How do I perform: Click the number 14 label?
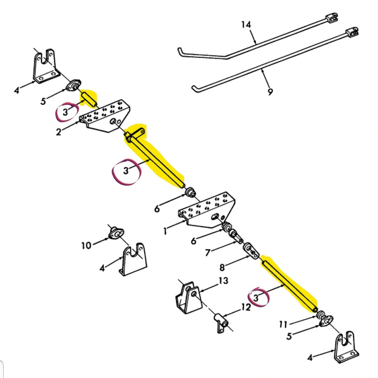click(x=246, y=25)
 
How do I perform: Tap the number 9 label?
click(x=270, y=92)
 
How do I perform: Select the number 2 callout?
click(x=59, y=132)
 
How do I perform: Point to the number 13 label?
click(x=223, y=281)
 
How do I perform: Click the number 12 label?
click(x=246, y=307)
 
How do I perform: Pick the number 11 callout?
click(x=283, y=325)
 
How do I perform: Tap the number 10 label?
click(x=86, y=246)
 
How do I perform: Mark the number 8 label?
click(x=222, y=268)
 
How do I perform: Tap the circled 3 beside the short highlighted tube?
click(x=65, y=113)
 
